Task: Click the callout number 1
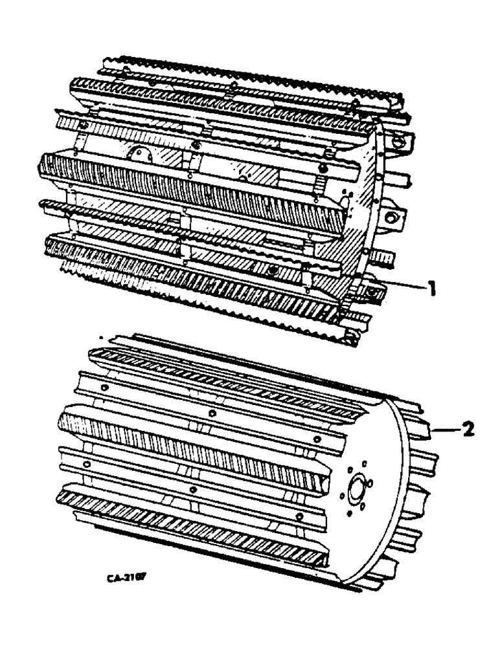pyautogui.click(x=429, y=288)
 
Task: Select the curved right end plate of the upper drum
pyautogui.click(x=369, y=194)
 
